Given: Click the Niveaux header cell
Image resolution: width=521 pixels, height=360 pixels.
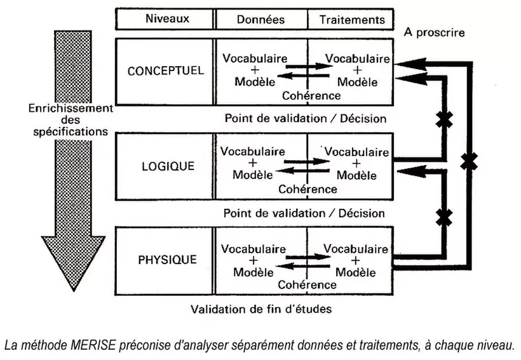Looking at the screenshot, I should coord(165,19).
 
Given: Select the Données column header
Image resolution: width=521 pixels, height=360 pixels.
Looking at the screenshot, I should coord(261,20).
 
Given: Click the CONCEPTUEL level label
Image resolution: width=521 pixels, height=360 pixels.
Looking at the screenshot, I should coord(166,70).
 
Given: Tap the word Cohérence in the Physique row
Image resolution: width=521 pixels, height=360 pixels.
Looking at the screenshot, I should coord(307,284).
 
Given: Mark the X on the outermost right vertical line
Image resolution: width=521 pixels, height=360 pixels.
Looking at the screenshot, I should coord(468,161).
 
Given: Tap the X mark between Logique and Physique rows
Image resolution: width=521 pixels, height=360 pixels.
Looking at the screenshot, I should coord(443,217).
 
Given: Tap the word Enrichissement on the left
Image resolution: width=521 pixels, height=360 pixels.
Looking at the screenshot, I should coord(71,109).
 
